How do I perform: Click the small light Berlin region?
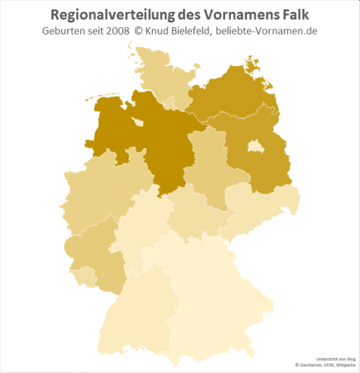[x=256, y=144]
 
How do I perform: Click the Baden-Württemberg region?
[x=139, y=308]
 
